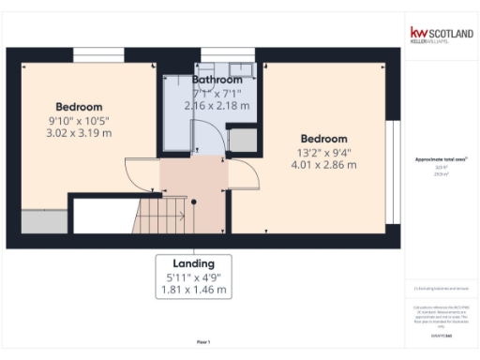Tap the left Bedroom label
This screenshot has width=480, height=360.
click(x=79, y=107)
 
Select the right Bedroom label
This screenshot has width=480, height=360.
click(x=323, y=139)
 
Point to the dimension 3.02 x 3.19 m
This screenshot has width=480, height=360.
click(x=80, y=133)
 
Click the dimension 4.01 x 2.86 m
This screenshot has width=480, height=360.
click(x=323, y=165)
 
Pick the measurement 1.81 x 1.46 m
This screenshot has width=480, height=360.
click(x=193, y=291)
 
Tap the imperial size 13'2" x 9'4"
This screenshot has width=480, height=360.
click(x=323, y=152)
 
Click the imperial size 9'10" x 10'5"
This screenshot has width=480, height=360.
click(x=79, y=120)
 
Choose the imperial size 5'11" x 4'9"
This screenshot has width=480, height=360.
click(x=193, y=277)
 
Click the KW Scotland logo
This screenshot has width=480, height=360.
click(x=440, y=35)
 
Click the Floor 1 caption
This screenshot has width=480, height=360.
click(x=203, y=341)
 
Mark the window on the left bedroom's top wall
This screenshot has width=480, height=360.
click(x=98, y=55)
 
